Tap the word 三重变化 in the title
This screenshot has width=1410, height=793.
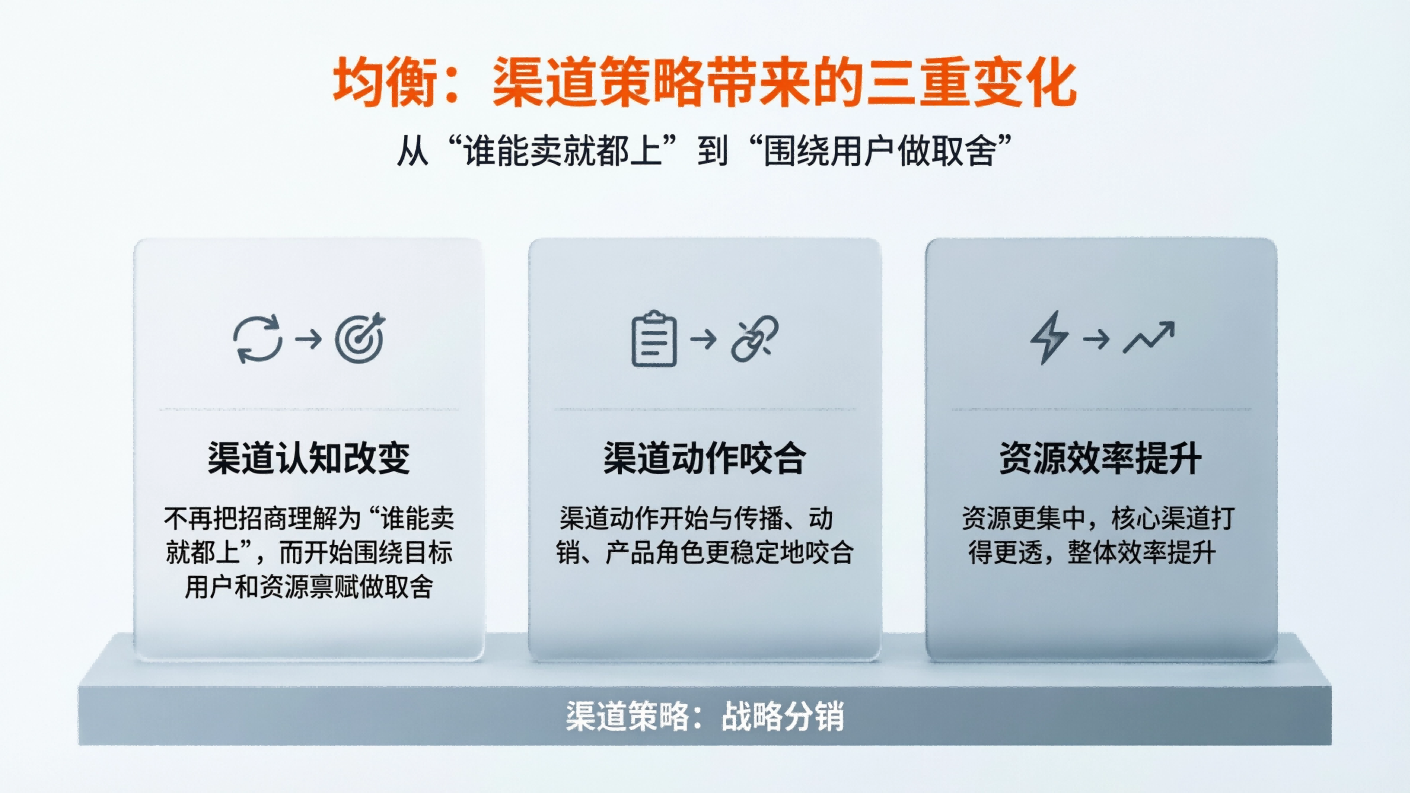(x=972, y=82)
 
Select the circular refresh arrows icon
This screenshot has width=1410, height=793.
(x=258, y=339)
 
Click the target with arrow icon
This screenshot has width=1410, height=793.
(x=360, y=338)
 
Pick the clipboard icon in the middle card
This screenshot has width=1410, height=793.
(x=654, y=339)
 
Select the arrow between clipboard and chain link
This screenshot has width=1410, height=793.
(x=703, y=339)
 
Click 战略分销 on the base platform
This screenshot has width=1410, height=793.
(x=783, y=716)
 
